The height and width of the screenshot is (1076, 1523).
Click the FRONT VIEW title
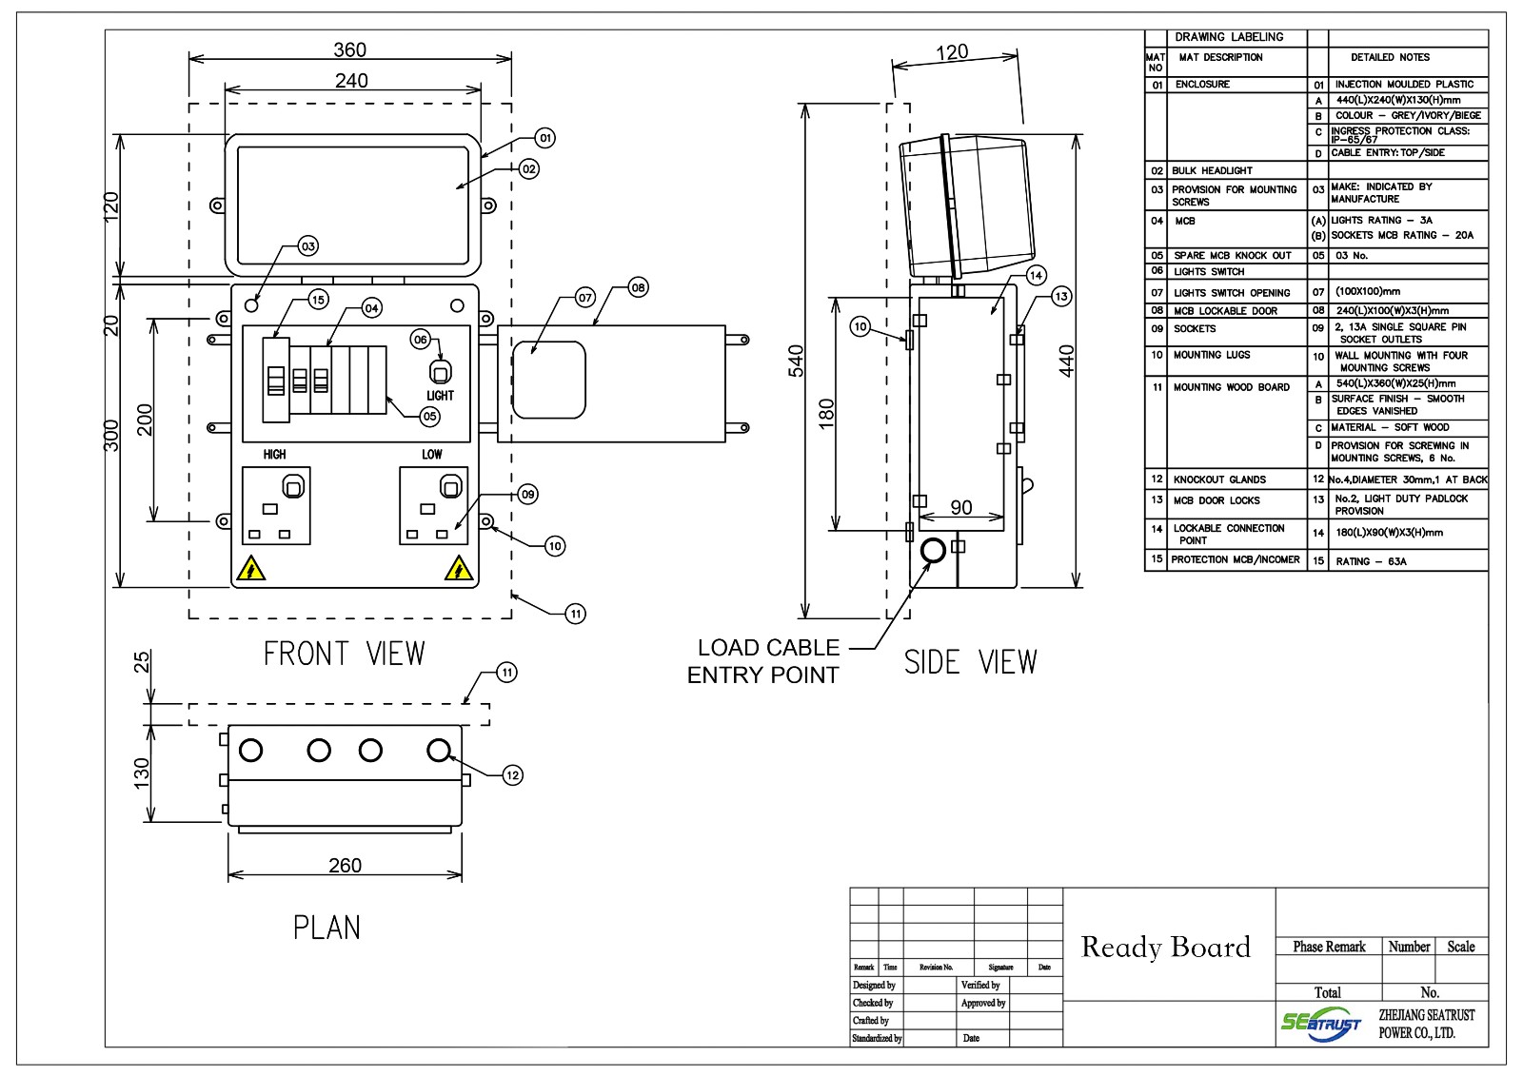click(x=345, y=654)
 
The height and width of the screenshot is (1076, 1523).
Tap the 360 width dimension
click(x=350, y=49)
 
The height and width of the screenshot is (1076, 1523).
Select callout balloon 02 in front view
click(x=529, y=168)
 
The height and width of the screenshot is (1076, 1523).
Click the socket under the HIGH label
click(x=277, y=505)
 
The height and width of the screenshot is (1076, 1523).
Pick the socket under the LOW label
click(x=433, y=505)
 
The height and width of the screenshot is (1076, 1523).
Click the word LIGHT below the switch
click(x=440, y=395)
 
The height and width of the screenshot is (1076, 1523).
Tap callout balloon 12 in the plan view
click(x=512, y=775)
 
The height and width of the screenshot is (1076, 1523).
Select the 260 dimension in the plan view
click(x=345, y=865)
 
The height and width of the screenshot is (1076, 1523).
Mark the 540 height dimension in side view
click(x=797, y=361)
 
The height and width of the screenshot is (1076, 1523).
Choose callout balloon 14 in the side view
click(x=1037, y=276)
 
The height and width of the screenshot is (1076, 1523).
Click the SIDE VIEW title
click(x=970, y=661)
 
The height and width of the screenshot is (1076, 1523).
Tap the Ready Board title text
click(x=1166, y=947)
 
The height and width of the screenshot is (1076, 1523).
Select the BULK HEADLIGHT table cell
click(x=1213, y=170)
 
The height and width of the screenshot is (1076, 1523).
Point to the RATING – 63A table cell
click(x=1371, y=561)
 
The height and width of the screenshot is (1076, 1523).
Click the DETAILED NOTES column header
click(x=1390, y=57)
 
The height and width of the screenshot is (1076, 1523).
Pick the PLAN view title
click(x=326, y=927)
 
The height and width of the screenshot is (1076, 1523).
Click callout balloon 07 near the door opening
click(x=585, y=298)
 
